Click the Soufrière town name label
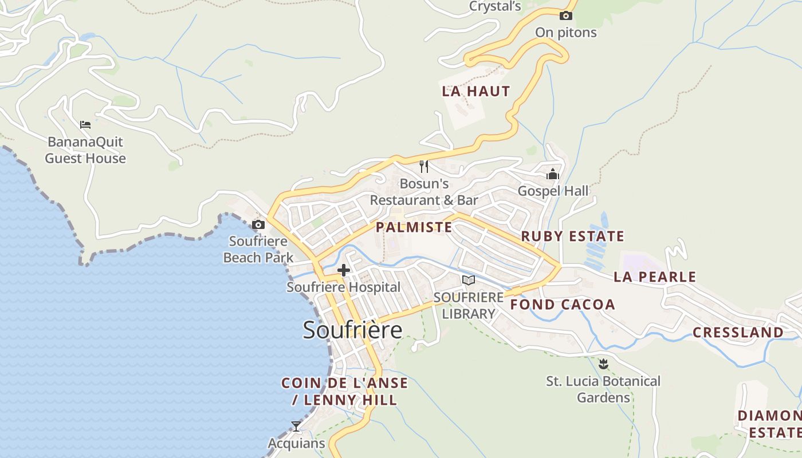tap(352, 330)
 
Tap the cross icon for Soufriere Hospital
tap(344, 270)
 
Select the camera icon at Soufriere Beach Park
tap(258, 224)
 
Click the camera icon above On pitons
tap(566, 16)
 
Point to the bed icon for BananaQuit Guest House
tap(85, 125)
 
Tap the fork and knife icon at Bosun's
tap(424, 167)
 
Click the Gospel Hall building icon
tap(553, 174)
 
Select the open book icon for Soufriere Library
tap(469, 281)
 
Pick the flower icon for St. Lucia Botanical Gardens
tap(603, 364)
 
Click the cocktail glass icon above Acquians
tap(296, 427)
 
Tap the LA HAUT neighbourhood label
tap(475, 91)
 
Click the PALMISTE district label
tap(414, 227)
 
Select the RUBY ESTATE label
tap(572, 236)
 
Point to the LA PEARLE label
tap(655, 277)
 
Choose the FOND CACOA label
tap(563, 305)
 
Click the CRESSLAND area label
tap(738, 333)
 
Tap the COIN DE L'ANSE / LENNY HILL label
tap(344, 392)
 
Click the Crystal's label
tap(495, 6)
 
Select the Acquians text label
tap(296, 444)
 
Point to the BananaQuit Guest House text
tap(85, 150)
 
